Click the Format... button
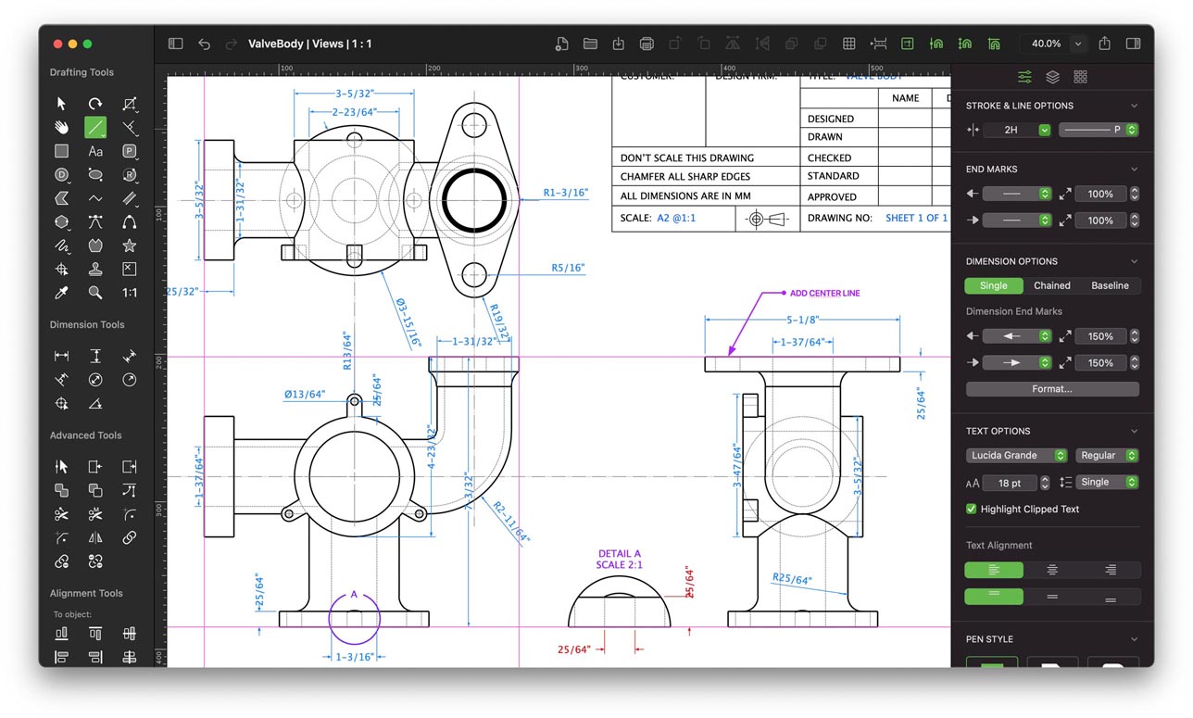point(1052,389)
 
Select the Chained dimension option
point(1051,286)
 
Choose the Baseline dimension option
point(1109,286)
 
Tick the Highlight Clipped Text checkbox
point(971,509)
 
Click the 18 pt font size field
point(1010,483)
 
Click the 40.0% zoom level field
point(1046,44)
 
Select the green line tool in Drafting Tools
point(95,128)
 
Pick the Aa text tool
point(95,151)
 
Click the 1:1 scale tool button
point(130,293)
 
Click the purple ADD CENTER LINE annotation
point(824,294)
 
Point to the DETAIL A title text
point(619,554)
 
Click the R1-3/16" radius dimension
point(565,194)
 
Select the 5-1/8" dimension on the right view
point(801,321)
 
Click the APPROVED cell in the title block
point(832,196)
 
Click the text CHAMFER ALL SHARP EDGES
point(684,177)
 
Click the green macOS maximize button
point(87,44)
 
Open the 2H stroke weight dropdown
point(1017,131)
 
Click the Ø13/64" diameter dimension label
point(305,395)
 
